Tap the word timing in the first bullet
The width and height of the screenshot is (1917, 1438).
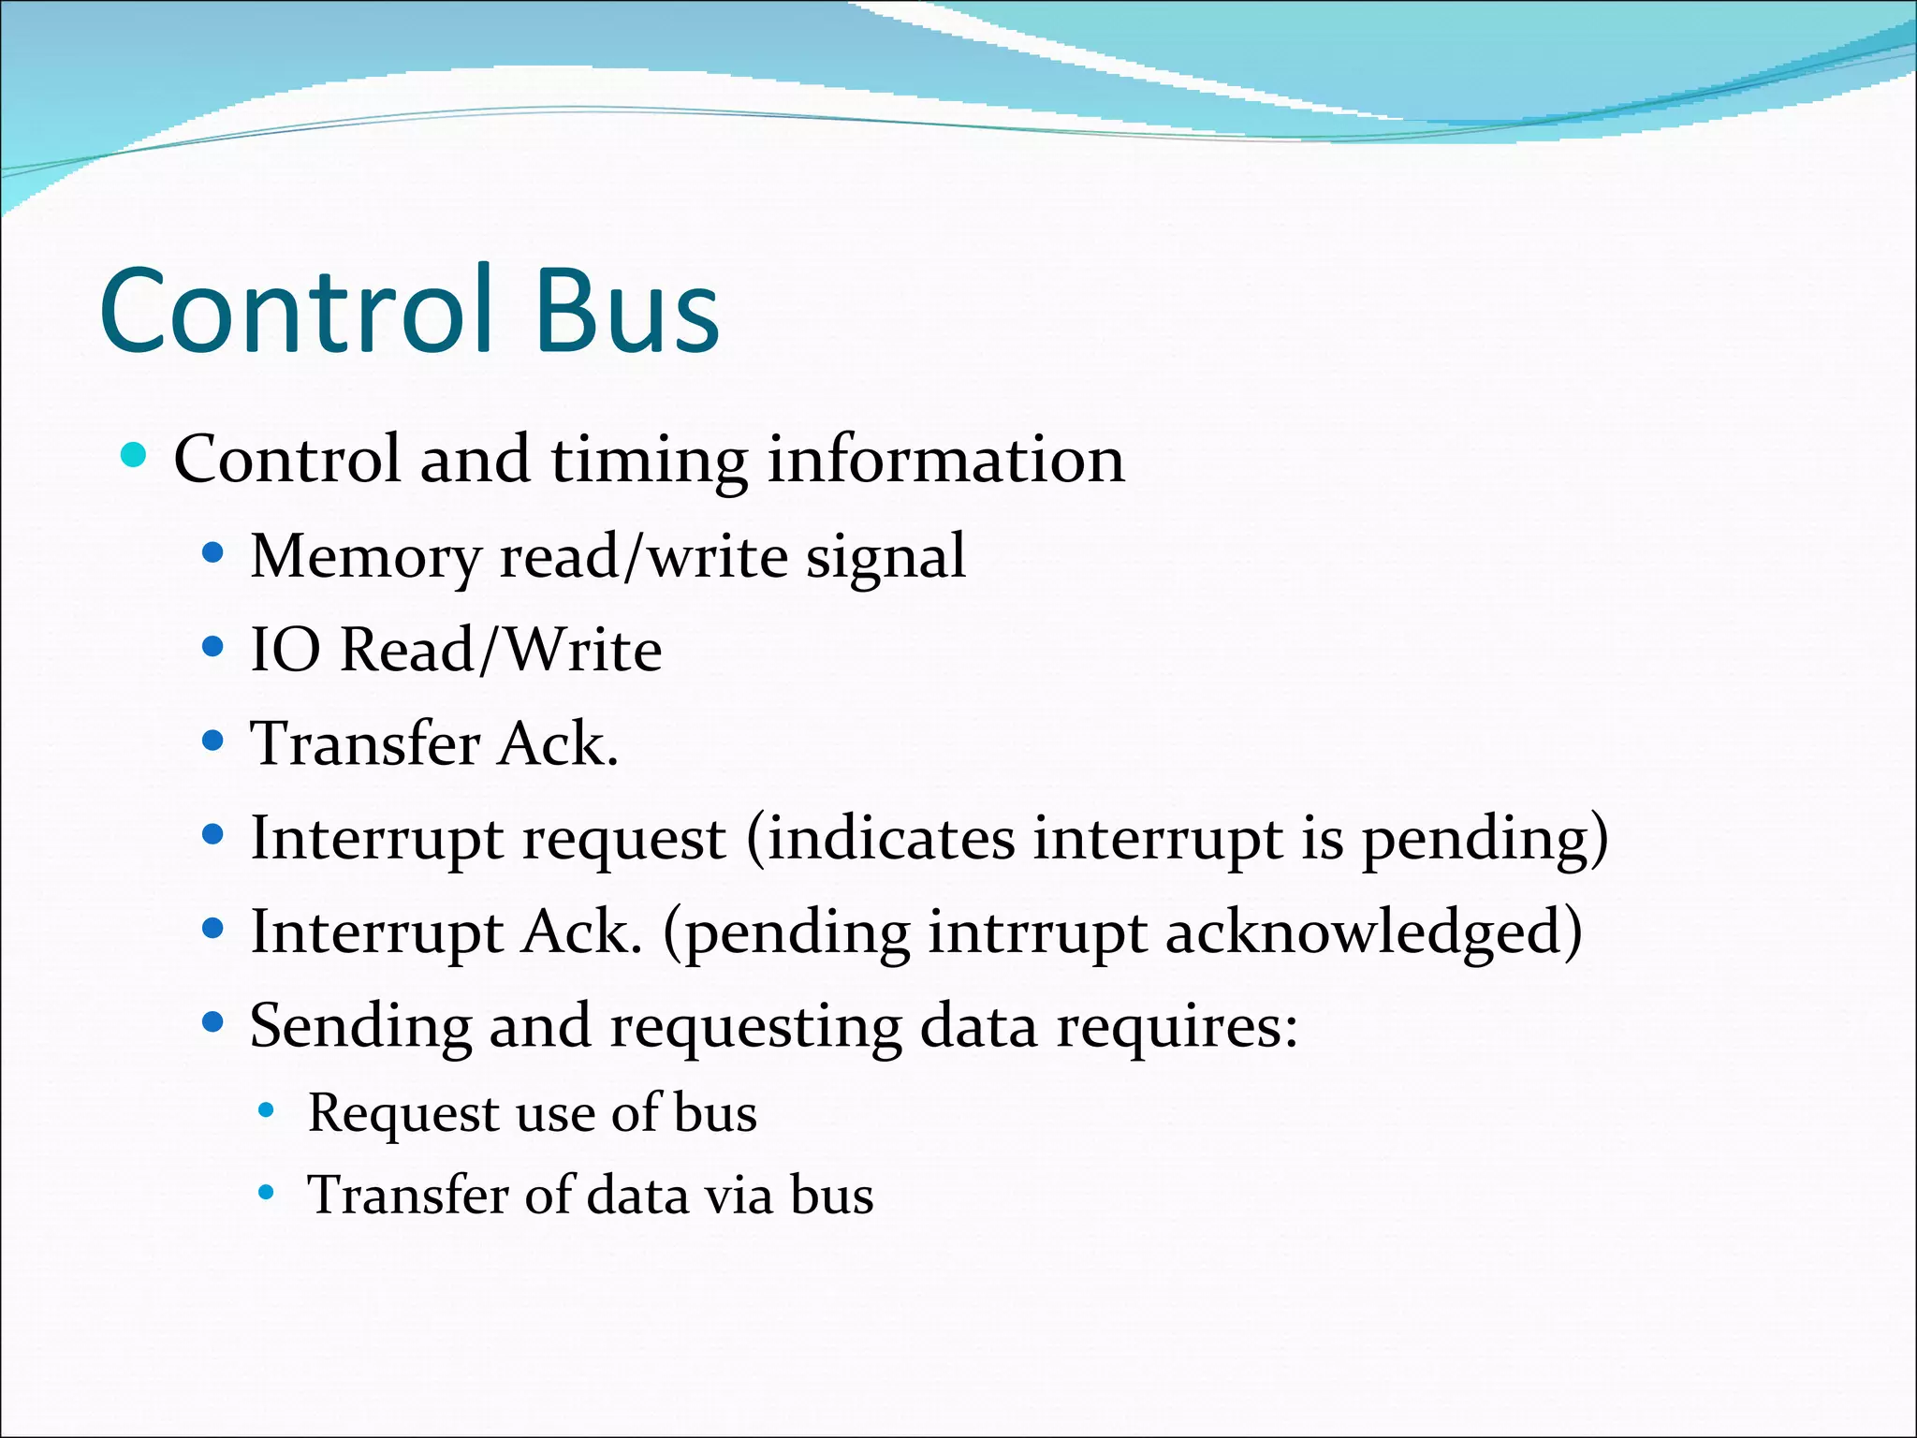(649, 461)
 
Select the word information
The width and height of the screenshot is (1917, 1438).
(945, 461)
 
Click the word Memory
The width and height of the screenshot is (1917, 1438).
(364, 557)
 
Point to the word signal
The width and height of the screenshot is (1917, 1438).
(885, 557)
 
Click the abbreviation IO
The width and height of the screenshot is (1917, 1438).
(285, 650)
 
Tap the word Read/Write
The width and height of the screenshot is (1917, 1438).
(501, 650)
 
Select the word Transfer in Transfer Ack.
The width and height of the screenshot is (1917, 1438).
(364, 744)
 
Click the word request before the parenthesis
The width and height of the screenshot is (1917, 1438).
(623, 839)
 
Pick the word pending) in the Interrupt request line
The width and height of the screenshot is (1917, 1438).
(1485, 839)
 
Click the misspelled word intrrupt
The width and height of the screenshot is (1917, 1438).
(1036, 933)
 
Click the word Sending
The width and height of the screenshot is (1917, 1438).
(360, 1027)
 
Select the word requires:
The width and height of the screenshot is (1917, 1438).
(1177, 1027)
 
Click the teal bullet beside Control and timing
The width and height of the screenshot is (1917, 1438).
(134, 456)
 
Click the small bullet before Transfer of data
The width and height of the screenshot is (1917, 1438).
(267, 1193)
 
